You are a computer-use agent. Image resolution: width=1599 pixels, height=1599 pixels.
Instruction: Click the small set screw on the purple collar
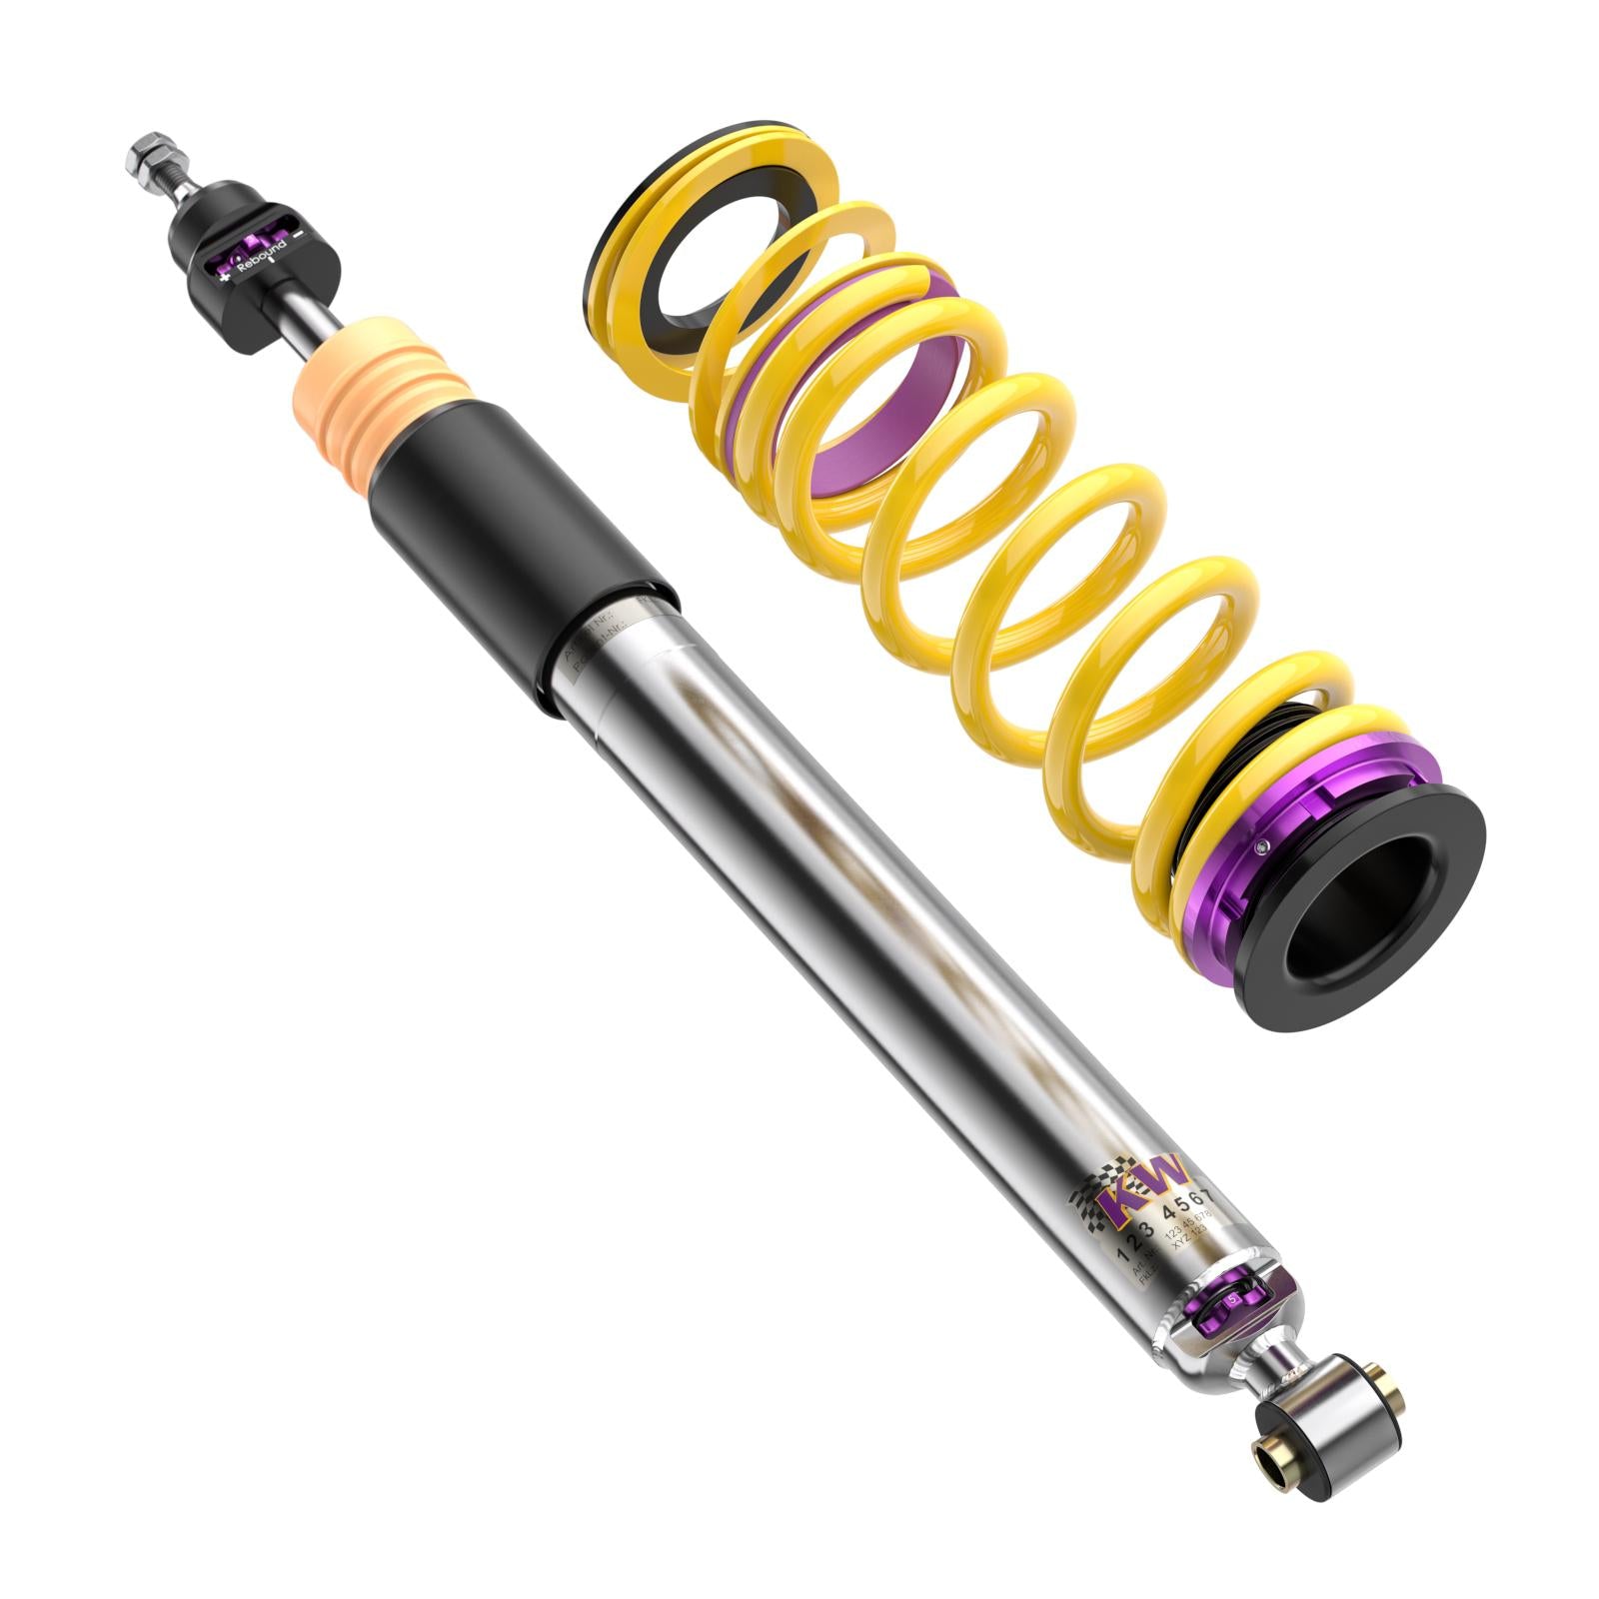click(1265, 848)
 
